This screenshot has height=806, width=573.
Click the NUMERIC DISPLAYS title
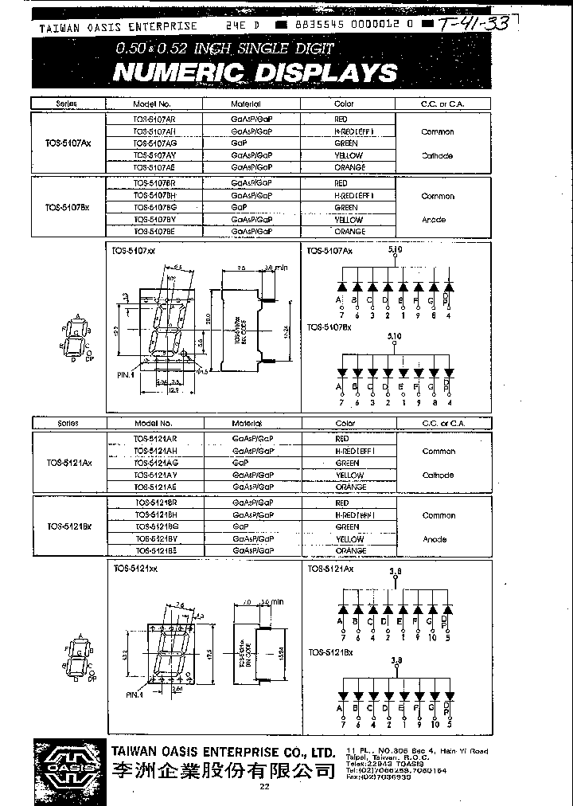click(255, 73)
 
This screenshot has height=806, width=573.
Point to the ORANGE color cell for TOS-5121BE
click(350, 550)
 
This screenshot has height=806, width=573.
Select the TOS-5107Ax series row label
click(68, 143)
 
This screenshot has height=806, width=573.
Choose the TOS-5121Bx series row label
click(69, 526)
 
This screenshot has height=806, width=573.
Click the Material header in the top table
click(247, 104)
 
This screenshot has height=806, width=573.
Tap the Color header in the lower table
click(346, 424)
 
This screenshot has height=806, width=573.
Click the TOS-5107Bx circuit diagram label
click(330, 328)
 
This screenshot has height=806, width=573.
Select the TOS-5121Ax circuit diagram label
click(331, 569)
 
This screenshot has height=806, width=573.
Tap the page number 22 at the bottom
click(264, 788)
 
